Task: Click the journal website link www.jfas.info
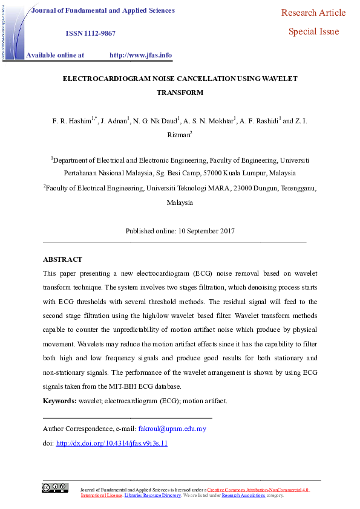pyautogui.click(x=140, y=55)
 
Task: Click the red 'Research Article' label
pyautogui.click(x=313, y=13)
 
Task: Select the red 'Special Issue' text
pyautogui.click(x=313, y=31)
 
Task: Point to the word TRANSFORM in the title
pyautogui.click(x=180, y=92)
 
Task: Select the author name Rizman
pyautogui.click(x=178, y=135)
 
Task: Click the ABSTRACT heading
pyautogui.click(x=62, y=259)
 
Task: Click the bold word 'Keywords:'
pyautogui.click(x=59, y=401)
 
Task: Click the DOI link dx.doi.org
pyautogui.click(x=111, y=443)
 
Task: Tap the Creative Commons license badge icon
pyautogui.click(x=54, y=488)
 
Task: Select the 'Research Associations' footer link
pyautogui.click(x=243, y=495)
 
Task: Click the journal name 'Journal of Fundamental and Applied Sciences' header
pyautogui.click(x=103, y=10)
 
